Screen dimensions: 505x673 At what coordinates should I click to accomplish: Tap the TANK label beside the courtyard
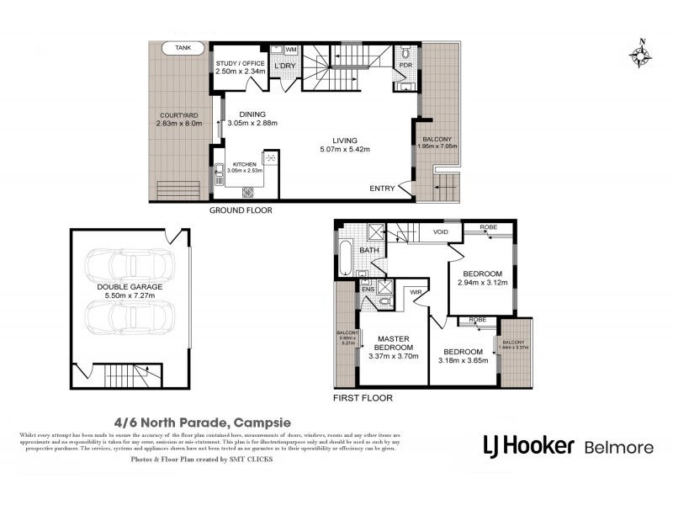pyautogui.click(x=183, y=49)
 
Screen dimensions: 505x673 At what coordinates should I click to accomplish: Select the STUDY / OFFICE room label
pyautogui.click(x=241, y=63)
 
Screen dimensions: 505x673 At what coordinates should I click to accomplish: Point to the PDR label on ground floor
pyautogui.click(x=405, y=65)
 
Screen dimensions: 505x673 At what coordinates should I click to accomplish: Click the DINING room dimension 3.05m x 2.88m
pyautogui.click(x=252, y=124)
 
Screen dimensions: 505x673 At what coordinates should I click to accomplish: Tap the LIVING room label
pyautogui.click(x=345, y=141)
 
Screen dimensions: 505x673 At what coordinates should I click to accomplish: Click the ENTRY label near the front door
pyautogui.click(x=382, y=189)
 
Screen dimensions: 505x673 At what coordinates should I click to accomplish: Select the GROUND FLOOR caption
pyautogui.click(x=241, y=210)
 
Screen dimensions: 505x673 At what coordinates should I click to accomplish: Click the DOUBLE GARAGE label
pyautogui.click(x=129, y=287)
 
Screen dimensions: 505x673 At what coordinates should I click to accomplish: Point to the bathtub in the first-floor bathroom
pyautogui.click(x=345, y=258)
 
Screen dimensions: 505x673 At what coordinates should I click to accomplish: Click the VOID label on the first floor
pyautogui.click(x=441, y=231)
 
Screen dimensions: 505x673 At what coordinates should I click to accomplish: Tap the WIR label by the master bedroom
pyautogui.click(x=415, y=294)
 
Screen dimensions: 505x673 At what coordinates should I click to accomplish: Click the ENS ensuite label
pyautogui.click(x=368, y=289)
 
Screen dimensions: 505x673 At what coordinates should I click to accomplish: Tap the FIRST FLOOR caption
pyautogui.click(x=362, y=397)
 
